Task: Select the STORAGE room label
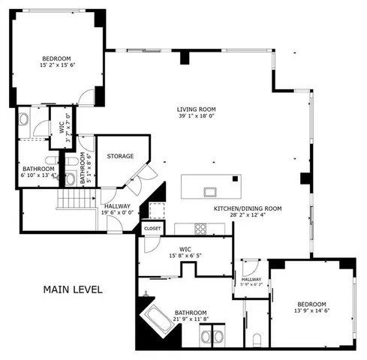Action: click(x=120, y=156)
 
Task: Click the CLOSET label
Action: click(x=152, y=226)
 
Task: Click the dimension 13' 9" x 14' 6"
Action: click(x=311, y=310)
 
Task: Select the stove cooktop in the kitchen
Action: click(x=201, y=228)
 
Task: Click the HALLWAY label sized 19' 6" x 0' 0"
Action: click(x=117, y=205)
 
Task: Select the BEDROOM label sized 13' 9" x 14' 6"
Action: click(x=311, y=304)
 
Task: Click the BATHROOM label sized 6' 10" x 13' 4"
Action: click(x=38, y=169)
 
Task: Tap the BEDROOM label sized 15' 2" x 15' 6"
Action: click(x=56, y=58)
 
